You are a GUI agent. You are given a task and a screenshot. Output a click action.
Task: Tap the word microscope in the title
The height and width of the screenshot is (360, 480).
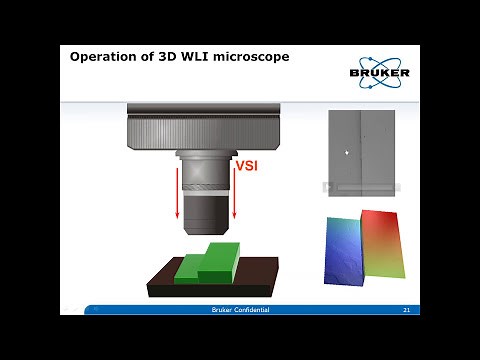(x=250, y=57)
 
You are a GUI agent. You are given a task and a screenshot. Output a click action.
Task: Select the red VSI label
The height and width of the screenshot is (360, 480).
(x=246, y=166)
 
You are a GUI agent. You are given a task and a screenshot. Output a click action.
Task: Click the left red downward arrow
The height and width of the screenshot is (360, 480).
(x=177, y=195)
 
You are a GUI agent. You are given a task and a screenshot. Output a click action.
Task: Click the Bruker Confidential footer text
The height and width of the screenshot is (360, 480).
(x=240, y=311)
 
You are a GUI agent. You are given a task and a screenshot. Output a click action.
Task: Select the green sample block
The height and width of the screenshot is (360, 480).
(x=208, y=263)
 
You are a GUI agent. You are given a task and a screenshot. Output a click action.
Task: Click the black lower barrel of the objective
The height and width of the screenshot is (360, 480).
(x=206, y=207)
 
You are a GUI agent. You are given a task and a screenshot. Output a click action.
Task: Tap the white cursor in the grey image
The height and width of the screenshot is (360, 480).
(x=346, y=153)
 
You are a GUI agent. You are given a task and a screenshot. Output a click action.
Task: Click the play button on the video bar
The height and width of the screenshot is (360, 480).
(x=327, y=187)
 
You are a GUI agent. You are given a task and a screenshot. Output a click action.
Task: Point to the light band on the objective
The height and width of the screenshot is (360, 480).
(x=206, y=186)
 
